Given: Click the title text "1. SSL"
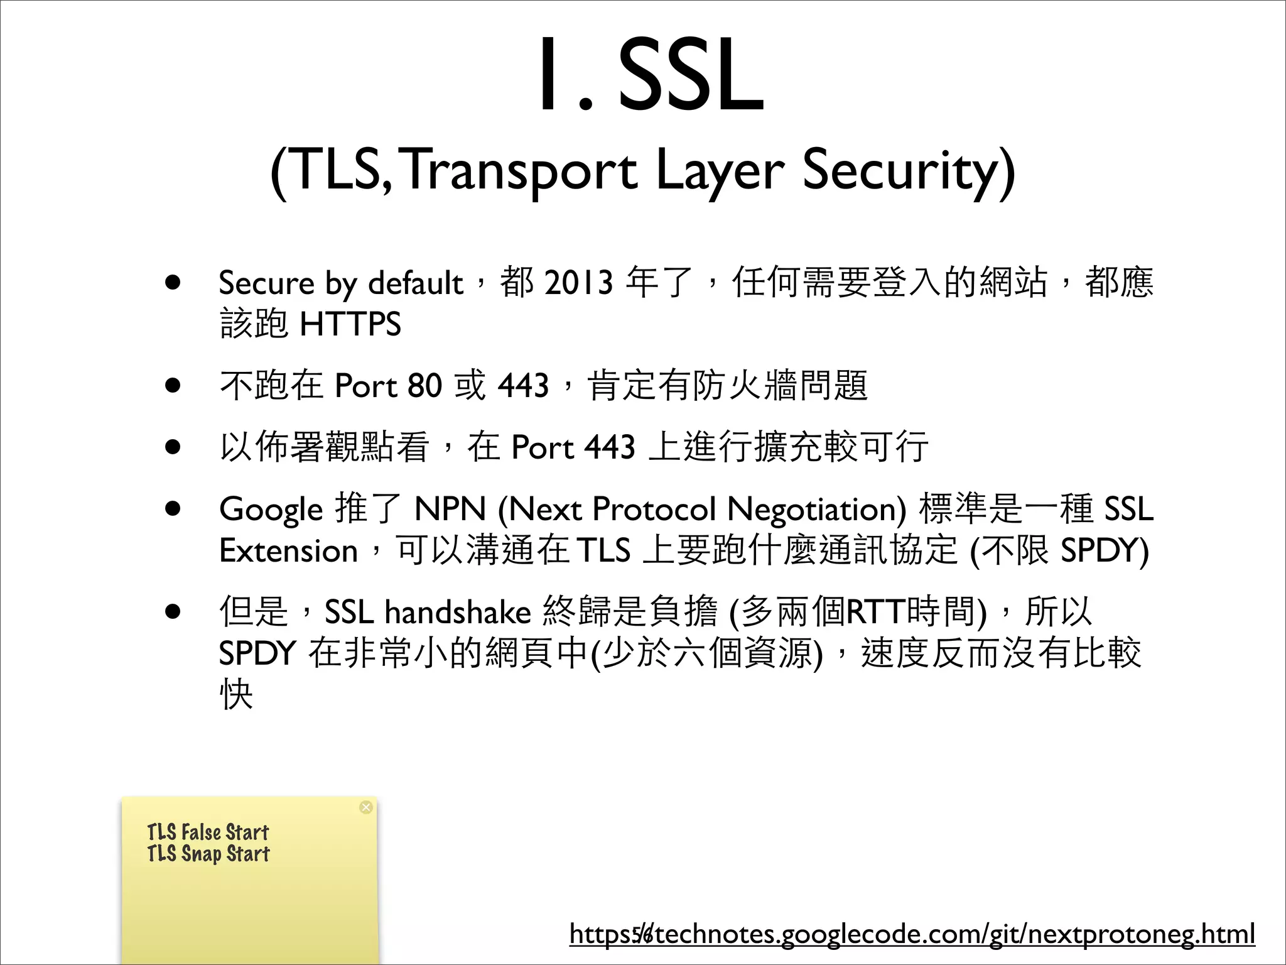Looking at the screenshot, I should click(651, 75).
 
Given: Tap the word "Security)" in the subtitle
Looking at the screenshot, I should click(908, 171).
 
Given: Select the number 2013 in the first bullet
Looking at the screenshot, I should click(578, 282).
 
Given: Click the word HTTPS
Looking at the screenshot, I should click(350, 324).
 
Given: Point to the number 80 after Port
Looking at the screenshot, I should click(424, 385).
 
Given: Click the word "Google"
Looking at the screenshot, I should click(271, 510).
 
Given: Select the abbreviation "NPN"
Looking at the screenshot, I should click(450, 509).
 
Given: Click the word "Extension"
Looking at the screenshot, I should click(288, 551).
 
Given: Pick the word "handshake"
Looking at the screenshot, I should click(458, 612).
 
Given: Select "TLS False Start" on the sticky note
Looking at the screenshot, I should click(208, 832).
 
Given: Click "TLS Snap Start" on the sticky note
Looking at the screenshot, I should click(208, 854).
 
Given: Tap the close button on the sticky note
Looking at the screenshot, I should click(366, 807).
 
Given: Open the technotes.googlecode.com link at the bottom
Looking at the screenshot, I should click(912, 934).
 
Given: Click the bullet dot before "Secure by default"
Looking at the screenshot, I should click(173, 283).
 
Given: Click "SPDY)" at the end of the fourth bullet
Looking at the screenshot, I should click(1104, 551).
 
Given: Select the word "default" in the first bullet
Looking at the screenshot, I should click(415, 283).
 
